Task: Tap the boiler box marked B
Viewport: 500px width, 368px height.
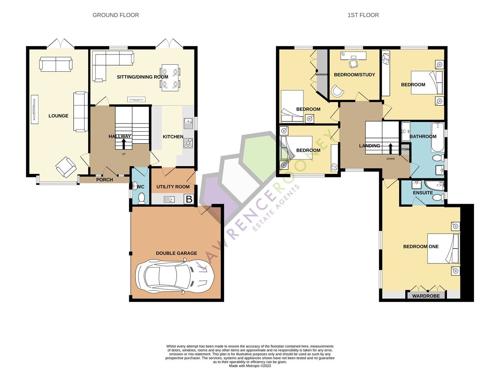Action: pos(189,199)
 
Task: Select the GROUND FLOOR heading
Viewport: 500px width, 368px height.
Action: pos(116,15)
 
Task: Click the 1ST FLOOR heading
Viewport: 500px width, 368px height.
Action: pos(363,15)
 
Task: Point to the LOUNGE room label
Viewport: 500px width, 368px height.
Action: pos(58,116)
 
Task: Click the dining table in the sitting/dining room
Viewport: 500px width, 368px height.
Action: pos(170,78)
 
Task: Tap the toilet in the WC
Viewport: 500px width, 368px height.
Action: pos(141,199)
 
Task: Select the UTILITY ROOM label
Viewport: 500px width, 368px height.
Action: pos(173,187)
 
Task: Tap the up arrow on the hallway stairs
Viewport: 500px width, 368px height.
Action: pos(123,144)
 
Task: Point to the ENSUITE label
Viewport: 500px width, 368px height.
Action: pos(423,193)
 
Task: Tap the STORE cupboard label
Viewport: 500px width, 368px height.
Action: pos(405,149)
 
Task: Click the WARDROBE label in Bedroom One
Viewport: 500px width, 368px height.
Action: pos(426,296)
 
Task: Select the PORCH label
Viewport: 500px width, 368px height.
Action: pos(104,180)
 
